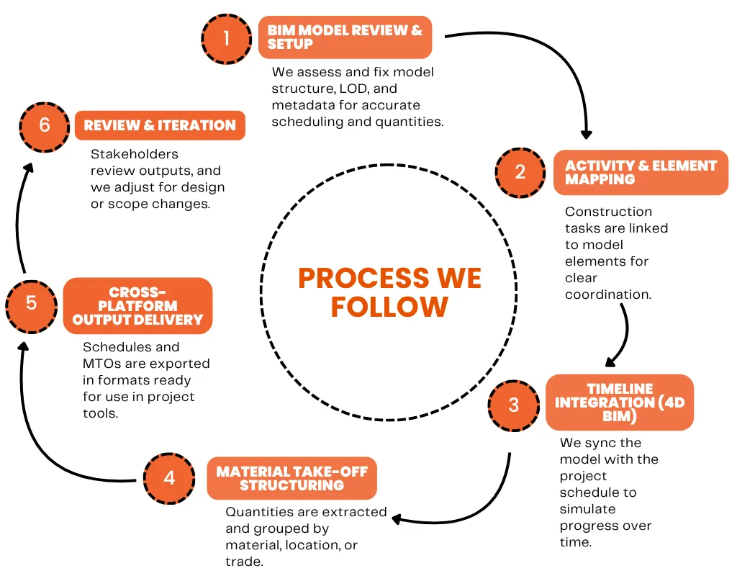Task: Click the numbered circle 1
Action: point(226,37)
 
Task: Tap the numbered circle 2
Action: point(520,173)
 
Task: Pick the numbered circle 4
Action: point(169,477)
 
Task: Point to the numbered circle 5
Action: point(31,302)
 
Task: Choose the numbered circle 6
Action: point(45,125)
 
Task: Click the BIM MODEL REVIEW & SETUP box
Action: point(345,37)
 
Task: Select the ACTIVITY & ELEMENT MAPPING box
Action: point(641,173)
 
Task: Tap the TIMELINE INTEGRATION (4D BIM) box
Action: point(619,402)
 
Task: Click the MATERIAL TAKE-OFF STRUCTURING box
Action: point(291,478)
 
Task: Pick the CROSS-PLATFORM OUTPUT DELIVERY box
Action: point(137,306)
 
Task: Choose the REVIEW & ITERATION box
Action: point(160,125)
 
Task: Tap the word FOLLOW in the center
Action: point(389,307)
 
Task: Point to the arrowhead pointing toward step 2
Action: point(586,133)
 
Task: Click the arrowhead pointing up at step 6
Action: point(27,167)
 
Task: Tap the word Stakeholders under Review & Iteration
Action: point(135,154)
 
